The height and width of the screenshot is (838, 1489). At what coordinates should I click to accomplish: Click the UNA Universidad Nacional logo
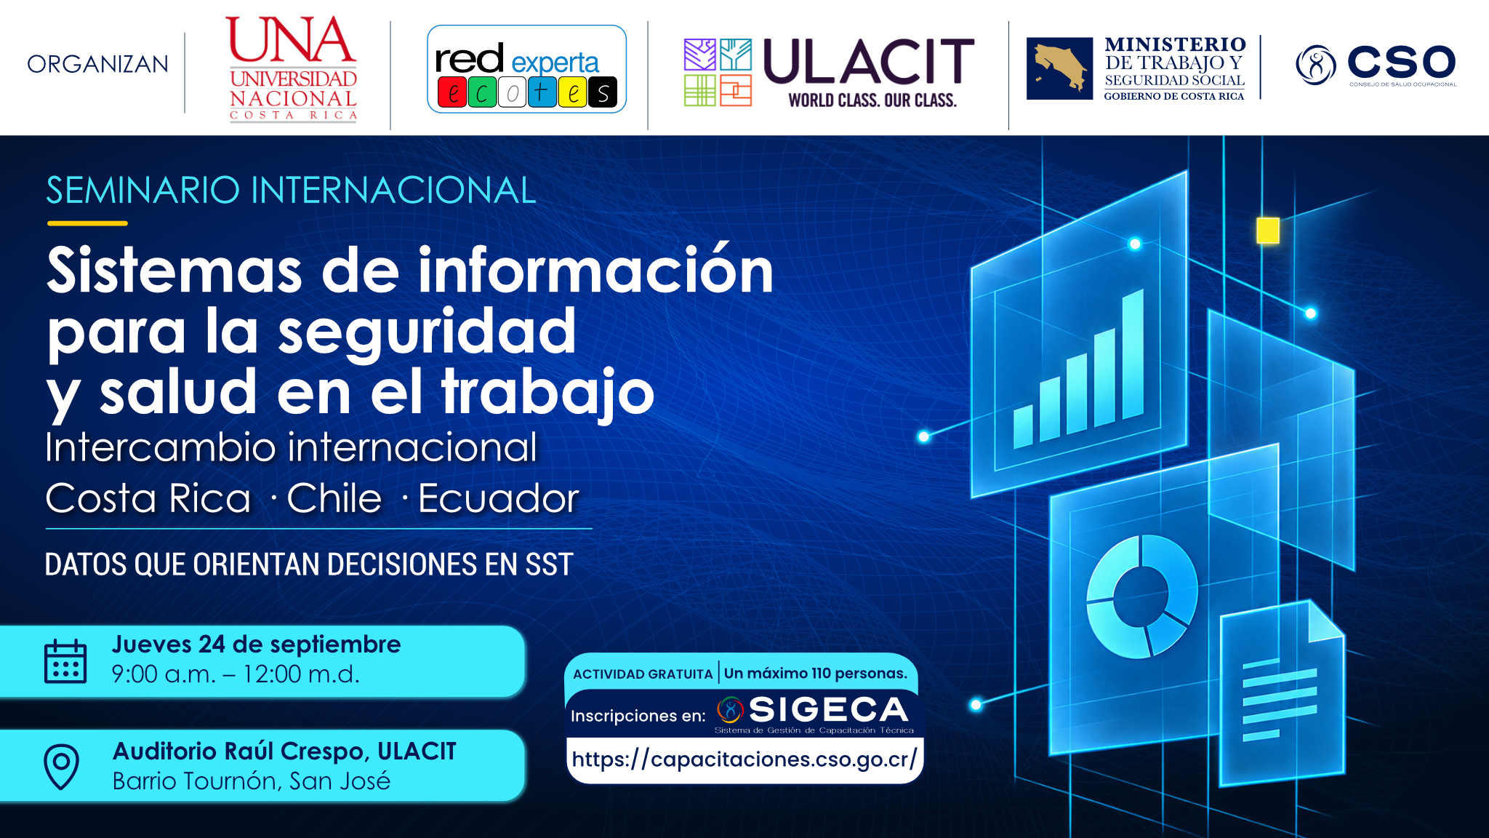point(292,68)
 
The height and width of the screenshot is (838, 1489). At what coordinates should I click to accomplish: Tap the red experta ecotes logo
point(526,69)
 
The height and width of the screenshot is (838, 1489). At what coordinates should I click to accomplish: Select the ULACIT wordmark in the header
point(869,62)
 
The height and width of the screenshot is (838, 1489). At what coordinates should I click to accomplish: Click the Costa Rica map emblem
point(1059,68)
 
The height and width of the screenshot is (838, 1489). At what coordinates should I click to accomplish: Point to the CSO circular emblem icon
point(1315,65)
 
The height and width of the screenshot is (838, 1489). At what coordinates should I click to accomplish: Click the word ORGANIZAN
point(97,65)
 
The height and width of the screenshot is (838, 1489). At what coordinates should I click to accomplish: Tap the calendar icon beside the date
point(65,661)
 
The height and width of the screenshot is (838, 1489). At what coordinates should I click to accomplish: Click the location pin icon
point(62,766)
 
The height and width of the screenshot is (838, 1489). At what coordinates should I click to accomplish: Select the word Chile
point(334,498)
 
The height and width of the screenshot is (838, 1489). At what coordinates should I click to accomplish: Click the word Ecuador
point(499,498)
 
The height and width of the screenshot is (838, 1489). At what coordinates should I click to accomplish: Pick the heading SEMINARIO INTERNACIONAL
point(291,191)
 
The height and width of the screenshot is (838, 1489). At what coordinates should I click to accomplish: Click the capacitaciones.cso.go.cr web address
point(744,759)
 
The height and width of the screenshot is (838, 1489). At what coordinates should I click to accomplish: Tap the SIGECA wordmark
point(829,709)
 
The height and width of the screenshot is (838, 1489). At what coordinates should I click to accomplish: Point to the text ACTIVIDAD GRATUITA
point(643,674)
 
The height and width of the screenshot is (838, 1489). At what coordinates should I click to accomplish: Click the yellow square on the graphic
point(1268,231)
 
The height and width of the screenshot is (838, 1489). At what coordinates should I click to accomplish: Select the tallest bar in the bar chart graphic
point(1133,354)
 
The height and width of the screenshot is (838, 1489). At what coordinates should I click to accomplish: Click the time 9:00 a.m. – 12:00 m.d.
point(236,674)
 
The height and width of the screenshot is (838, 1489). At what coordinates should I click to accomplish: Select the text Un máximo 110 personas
point(816,674)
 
